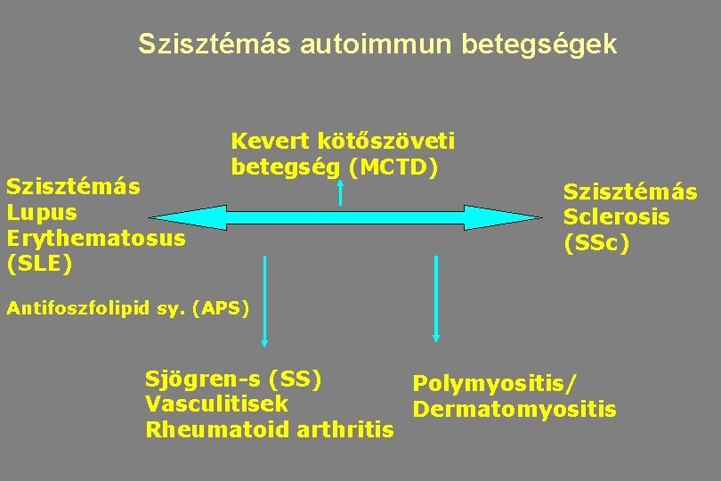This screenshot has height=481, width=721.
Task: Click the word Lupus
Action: tap(42, 213)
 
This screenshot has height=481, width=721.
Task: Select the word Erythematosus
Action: tap(95, 238)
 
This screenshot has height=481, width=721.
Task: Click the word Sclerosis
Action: tap(616, 216)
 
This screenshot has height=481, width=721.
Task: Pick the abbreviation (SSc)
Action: tap(596, 242)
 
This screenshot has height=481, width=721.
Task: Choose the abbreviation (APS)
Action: tap(219, 308)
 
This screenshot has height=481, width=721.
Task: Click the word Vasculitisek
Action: tap(216, 404)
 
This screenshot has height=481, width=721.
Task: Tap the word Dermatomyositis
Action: tap(514, 409)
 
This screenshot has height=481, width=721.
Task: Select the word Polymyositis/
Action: tap(494, 383)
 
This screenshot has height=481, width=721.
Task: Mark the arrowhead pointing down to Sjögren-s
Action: tap(264, 341)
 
